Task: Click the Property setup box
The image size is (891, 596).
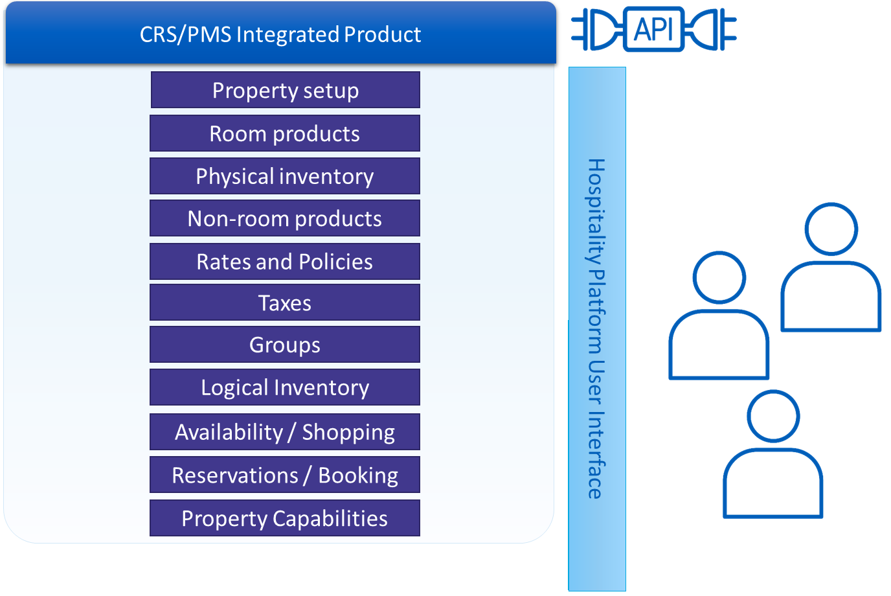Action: (x=285, y=90)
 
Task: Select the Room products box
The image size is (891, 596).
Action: (x=285, y=133)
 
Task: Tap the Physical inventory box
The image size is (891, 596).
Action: (x=285, y=176)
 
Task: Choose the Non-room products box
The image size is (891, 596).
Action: (x=285, y=218)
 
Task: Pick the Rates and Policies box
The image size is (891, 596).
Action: (x=285, y=262)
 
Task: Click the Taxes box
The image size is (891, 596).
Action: (x=285, y=303)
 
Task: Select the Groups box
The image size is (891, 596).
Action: (x=285, y=345)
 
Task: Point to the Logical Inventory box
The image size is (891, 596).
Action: (x=285, y=387)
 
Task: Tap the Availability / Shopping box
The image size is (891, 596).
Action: (x=285, y=432)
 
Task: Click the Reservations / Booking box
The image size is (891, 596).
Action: (x=285, y=475)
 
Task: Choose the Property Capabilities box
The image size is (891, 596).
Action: (x=285, y=518)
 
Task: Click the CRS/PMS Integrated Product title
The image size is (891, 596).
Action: (x=280, y=34)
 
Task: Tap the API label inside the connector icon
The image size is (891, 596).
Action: (x=653, y=29)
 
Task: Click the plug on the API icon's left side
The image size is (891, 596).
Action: (x=596, y=29)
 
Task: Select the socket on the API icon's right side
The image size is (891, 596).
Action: (x=712, y=29)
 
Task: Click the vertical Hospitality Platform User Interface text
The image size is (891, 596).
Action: (x=596, y=328)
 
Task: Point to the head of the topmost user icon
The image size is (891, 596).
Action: (x=831, y=229)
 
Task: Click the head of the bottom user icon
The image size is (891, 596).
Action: (x=773, y=417)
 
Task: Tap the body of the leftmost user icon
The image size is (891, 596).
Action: (x=719, y=347)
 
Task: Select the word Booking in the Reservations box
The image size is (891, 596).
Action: (x=358, y=476)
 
